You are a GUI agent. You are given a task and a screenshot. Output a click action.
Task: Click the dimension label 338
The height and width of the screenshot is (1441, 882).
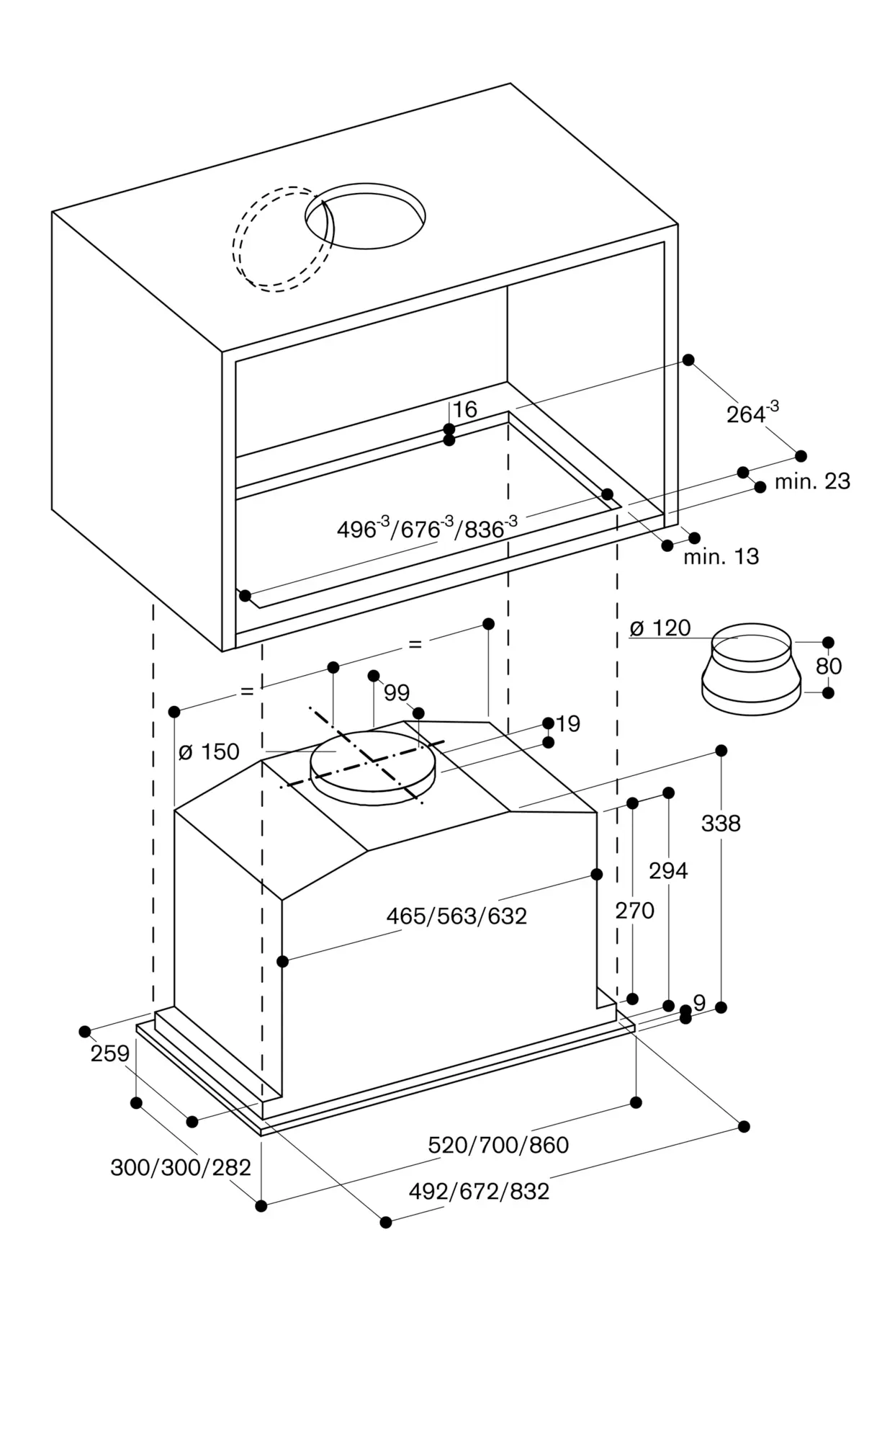[721, 823]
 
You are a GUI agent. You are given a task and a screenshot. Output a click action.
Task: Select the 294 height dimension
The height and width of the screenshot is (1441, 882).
[668, 870]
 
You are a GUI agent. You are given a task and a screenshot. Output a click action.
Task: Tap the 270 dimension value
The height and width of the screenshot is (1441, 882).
[634, 911]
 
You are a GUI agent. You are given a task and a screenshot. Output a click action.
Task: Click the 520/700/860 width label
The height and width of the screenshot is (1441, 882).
[498, 1144]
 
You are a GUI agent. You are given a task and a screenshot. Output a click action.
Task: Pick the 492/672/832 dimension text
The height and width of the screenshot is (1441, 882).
[479, 1191]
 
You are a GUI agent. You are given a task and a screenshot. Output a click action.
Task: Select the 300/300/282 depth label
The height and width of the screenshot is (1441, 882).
[180, 1167]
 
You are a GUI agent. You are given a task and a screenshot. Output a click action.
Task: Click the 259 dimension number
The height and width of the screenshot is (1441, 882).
[110, 1053]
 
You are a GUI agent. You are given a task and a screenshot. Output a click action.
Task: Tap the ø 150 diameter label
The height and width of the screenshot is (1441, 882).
[209, 751]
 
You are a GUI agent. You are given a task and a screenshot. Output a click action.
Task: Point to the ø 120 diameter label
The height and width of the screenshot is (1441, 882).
[660, 628]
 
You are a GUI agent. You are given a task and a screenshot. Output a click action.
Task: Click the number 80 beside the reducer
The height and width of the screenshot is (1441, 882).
[828, 666]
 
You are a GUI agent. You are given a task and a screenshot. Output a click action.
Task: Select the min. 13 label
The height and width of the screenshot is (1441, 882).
[721, 556]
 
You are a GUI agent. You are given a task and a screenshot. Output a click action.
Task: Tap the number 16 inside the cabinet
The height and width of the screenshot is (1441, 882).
[465, 409]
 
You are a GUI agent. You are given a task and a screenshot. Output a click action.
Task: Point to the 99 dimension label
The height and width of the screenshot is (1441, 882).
[397, 692]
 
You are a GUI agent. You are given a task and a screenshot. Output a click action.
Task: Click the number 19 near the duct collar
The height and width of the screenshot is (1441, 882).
[568, 723]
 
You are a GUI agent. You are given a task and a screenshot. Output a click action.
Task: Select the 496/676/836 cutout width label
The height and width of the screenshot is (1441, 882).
[427, 529]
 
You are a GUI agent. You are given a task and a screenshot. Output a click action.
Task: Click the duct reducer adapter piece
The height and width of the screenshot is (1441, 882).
[751, 670]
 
